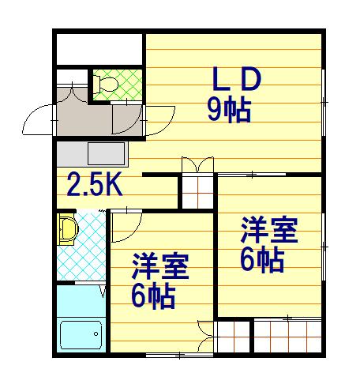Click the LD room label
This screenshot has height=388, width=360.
tap(234, 80)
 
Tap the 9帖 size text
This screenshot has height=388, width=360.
tap(229, 110)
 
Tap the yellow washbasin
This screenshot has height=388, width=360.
tap(67, 231)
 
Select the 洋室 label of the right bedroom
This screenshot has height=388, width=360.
tap(269, 231)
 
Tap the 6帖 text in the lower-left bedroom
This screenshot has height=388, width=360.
tap(153, 296)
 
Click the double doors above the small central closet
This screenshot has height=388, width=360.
tap(197, 165)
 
